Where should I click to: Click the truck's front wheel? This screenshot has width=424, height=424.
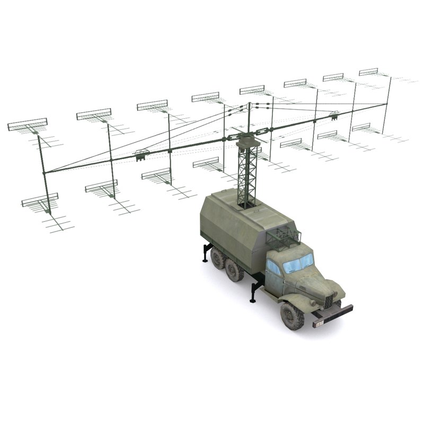coord(291,315)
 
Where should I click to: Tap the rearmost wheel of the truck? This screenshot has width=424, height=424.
coord(217,258)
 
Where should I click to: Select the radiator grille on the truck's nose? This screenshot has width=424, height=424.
coord(330,300)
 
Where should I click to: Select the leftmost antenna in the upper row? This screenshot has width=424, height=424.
coord(28,125)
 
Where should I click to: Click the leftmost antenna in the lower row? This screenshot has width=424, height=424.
coord(40,200)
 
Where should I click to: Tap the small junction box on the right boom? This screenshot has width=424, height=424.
coord(334,114)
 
